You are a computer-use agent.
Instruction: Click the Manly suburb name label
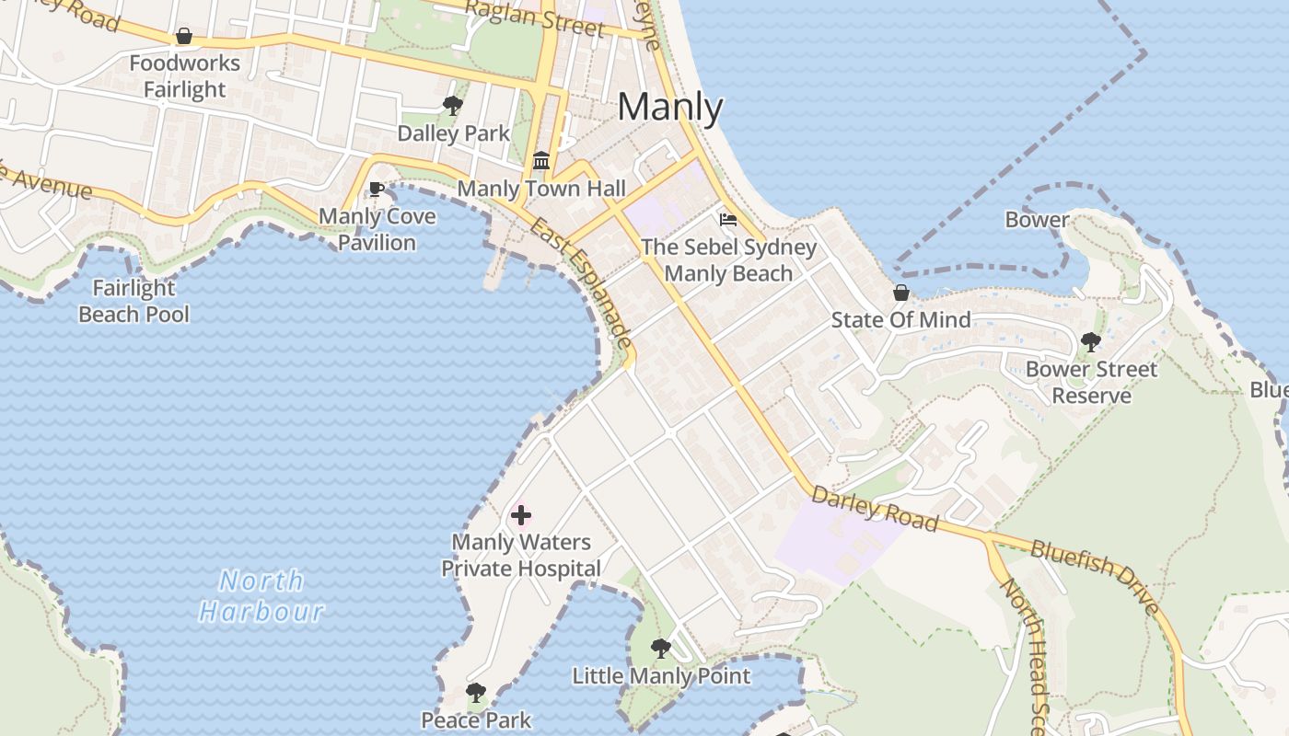pos(670,107)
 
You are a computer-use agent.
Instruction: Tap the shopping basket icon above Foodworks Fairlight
pos(184,37)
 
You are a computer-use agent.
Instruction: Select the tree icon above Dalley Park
pos(452,106)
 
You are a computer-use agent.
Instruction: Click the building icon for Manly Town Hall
pos(541,161)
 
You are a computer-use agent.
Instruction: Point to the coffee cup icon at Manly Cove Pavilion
pos(376,190)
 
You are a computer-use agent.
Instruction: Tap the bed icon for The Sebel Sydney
pos(728,220)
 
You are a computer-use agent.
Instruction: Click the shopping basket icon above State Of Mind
pos(901,293)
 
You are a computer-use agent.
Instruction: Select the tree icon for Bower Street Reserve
pos(1091,342)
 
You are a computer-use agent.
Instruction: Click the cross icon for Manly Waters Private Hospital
pos(521,515)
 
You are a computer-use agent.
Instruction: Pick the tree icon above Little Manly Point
pos(661,649)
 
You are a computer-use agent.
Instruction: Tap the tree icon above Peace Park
pos(475,693)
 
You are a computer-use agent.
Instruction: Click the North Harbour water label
pos(261,596)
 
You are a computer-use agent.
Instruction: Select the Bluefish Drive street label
pos(1095,575)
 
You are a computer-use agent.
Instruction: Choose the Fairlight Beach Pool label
pos(134,301)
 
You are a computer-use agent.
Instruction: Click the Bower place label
pos(1037,220)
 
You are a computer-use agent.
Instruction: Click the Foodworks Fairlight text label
pos(184,76)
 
